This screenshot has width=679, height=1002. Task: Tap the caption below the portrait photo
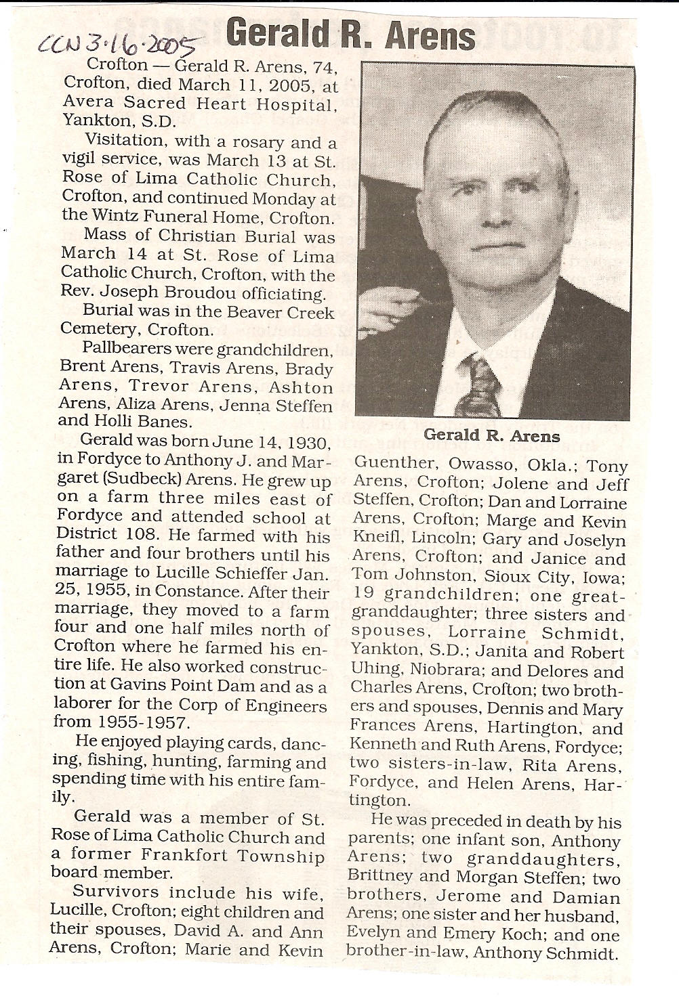pyautogui.click(x=492, y=436)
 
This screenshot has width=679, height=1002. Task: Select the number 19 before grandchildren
pyautogui.click(x=363, y=595)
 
